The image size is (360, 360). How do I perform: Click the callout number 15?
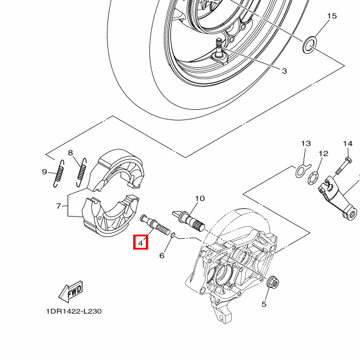[332, 16]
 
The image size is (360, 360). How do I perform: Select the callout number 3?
[284, 71]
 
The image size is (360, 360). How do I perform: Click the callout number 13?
[306, 144]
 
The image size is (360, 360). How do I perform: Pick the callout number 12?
[323, 154]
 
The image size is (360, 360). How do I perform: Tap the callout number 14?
[347, 144]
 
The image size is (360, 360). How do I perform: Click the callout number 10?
[200, 198]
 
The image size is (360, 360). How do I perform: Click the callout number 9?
[44, 172]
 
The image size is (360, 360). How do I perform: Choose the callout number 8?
[70, 153]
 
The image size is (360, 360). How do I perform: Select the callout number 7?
[59, 206]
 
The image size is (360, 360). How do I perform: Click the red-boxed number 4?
[140, 243]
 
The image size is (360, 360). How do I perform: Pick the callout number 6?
[161, 256]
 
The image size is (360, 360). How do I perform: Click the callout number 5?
[263, 304]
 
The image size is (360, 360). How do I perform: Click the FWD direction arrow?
[70, 292]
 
